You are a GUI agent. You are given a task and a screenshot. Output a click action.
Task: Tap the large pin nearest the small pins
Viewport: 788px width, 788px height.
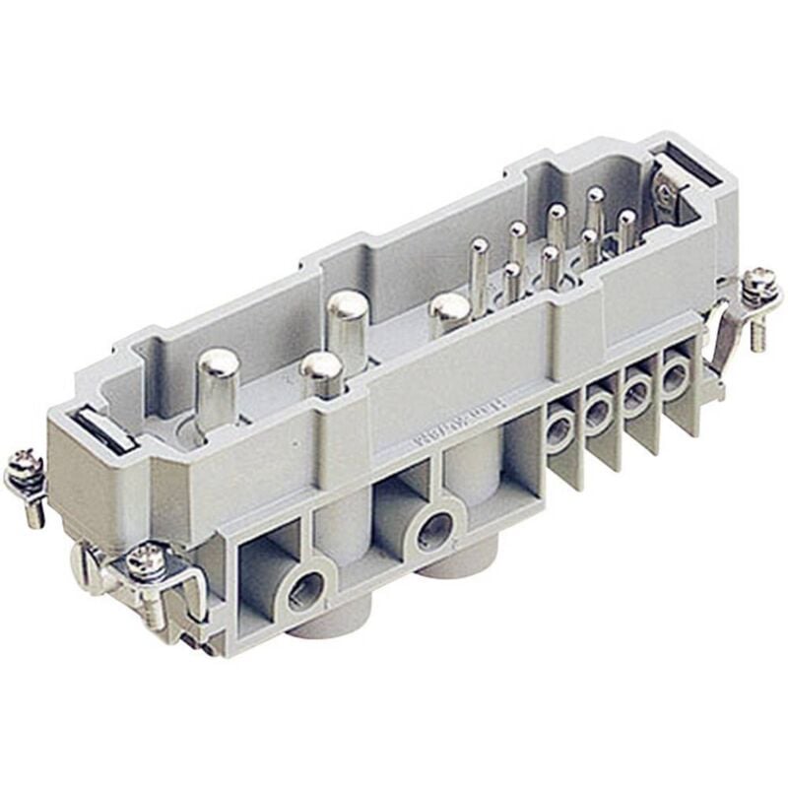pos(449,310)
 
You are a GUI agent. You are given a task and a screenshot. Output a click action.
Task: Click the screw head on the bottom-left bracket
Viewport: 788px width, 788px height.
pos(143,558)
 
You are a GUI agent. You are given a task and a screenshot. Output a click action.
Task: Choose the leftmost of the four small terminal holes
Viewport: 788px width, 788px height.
pos(560,428)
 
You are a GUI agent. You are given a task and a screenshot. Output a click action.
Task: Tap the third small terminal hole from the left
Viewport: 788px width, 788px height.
pos(636,393)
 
